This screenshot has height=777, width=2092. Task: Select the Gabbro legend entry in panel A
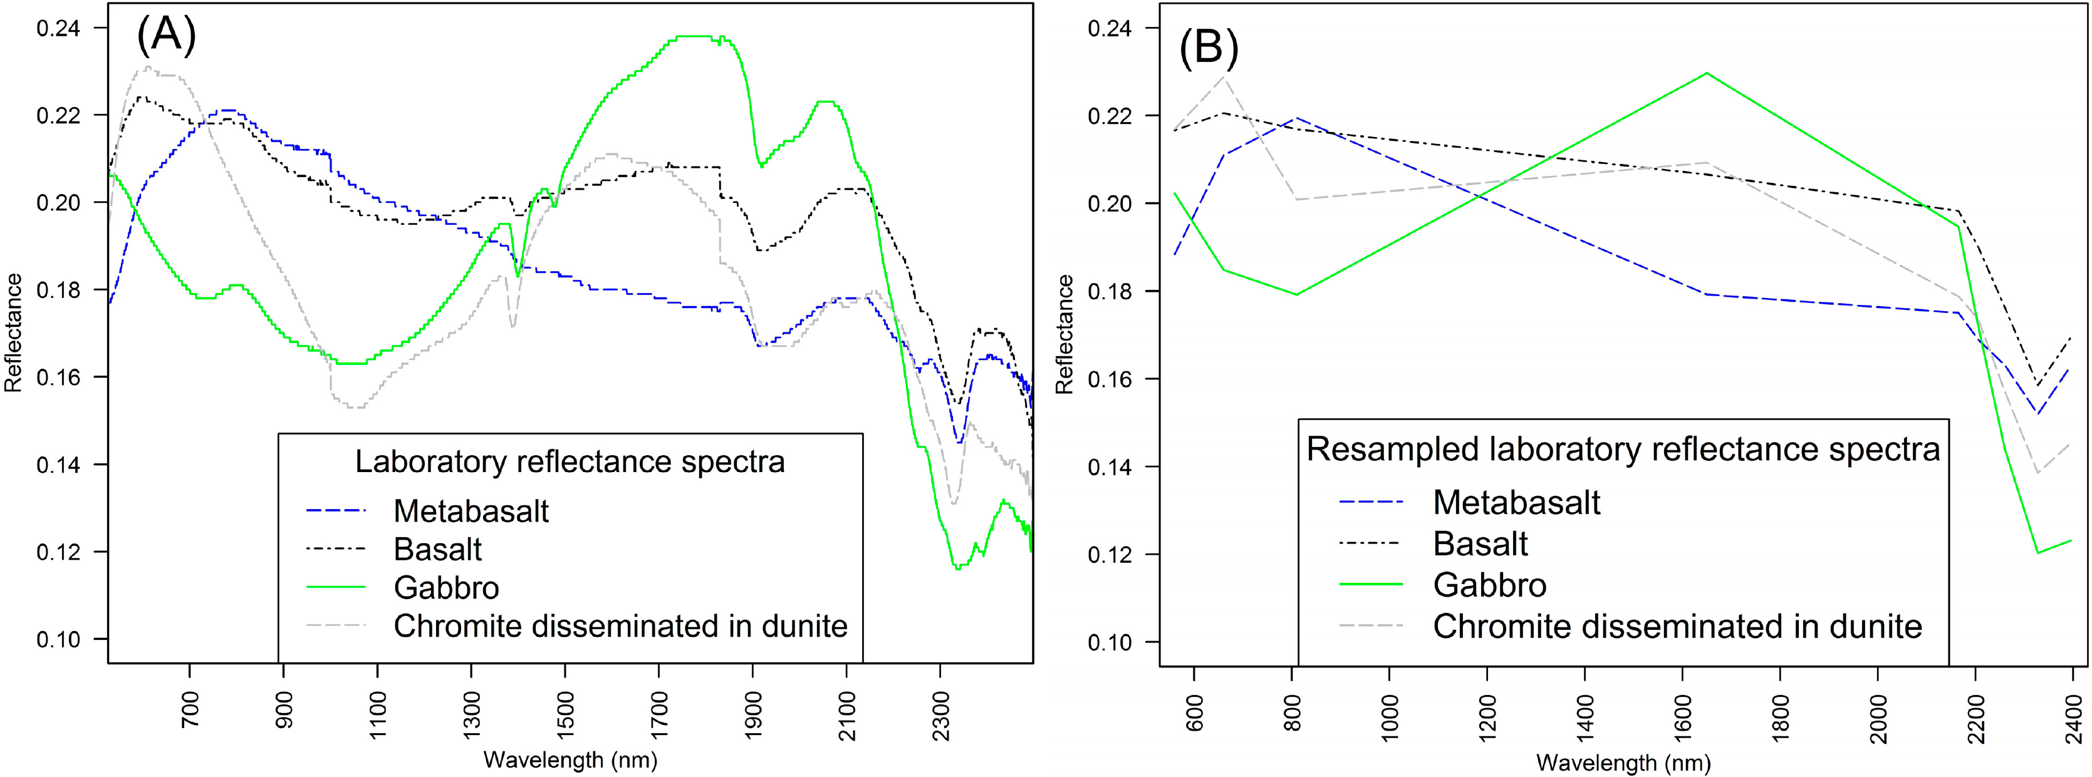pyautogui.click(x=446, y=587)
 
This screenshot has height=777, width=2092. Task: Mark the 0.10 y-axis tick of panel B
pyautogui.click(x=1110, y=642)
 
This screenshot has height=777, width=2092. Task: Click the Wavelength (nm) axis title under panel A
pyautogui.click(x=570, y=760)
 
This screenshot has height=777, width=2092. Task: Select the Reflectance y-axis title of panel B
pyautogui.click(x=1064, y=334)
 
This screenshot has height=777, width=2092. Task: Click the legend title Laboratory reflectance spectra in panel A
pyautogui.click(x=570, y=462)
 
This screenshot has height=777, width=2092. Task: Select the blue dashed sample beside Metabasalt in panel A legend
pyautogui.click(x=336, y=511)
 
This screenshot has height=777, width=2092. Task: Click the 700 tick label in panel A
pyautogui.click(x=190, y=708)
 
